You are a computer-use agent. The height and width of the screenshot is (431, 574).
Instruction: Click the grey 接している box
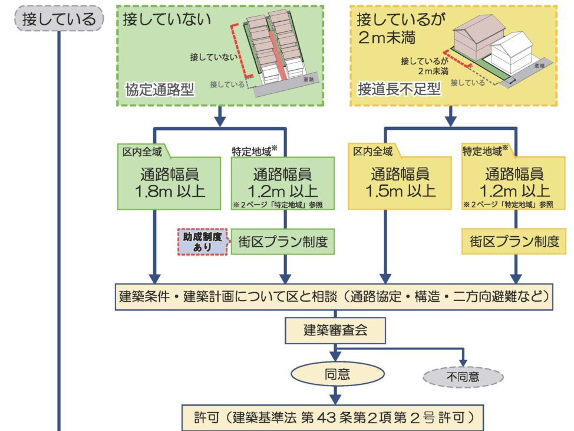[x=58, y=19]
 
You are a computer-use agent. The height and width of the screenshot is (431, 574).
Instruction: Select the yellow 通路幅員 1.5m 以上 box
[x=385, y=182]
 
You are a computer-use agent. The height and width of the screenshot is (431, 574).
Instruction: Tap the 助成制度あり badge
[x=203, y=242]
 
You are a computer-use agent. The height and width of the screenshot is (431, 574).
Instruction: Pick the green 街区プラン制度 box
[x=282, y=242]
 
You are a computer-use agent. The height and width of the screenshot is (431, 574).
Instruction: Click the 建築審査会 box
[x=335, y=330]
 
